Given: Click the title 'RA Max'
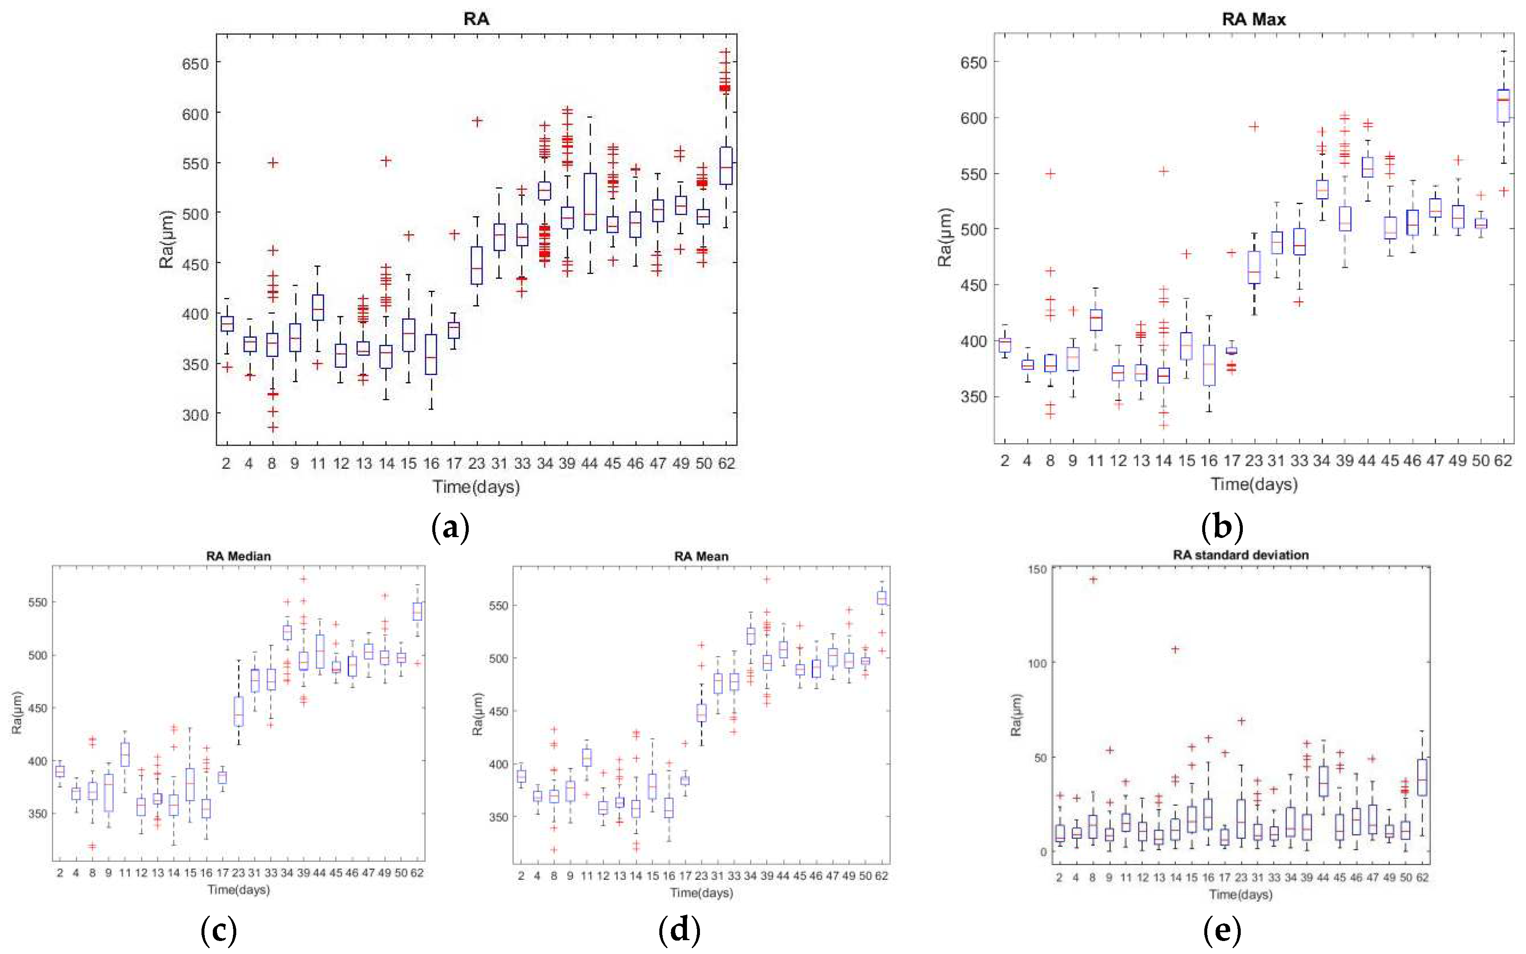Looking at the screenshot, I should [x=1253, y=20].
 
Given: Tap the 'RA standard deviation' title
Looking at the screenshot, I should [x=1240, y=555].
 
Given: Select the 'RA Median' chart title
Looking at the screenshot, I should [x=238, y=556].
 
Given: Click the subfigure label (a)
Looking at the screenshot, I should [x=450, y=527].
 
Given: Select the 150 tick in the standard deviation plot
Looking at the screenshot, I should [x=1038, y=570].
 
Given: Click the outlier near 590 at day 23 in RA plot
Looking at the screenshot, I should [x=478, y=121].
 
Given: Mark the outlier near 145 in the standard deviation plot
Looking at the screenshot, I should [x=1092, y=579].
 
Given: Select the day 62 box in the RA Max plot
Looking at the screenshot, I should [x=1503, y=105].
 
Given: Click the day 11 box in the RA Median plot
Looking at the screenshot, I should [x=125, y=754].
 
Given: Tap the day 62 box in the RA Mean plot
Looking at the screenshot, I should [x=881, y=597].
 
